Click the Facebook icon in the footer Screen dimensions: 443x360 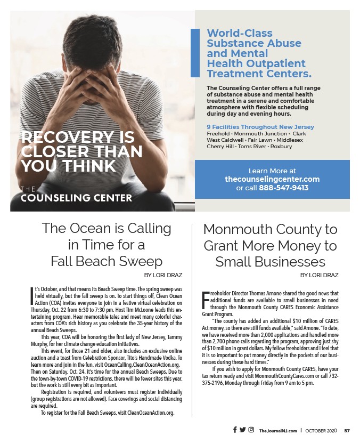235,430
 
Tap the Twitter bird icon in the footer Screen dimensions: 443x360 243,430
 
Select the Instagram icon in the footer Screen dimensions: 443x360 251,430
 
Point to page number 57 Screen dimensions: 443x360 347,430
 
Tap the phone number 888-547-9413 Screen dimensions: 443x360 283,188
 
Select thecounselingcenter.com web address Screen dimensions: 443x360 272,179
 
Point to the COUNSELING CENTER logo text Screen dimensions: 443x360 76,198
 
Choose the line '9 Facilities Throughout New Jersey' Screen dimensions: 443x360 260,127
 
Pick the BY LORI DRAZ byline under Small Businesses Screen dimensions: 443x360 319,275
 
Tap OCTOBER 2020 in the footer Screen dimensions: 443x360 322,430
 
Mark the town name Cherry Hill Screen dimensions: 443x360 221,147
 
